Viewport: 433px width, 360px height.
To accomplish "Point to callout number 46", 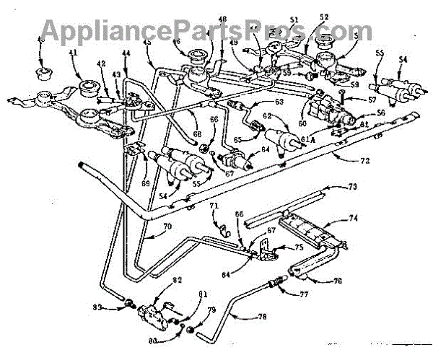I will tap(175, 43).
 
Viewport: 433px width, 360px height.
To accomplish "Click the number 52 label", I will tap(324, 38).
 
